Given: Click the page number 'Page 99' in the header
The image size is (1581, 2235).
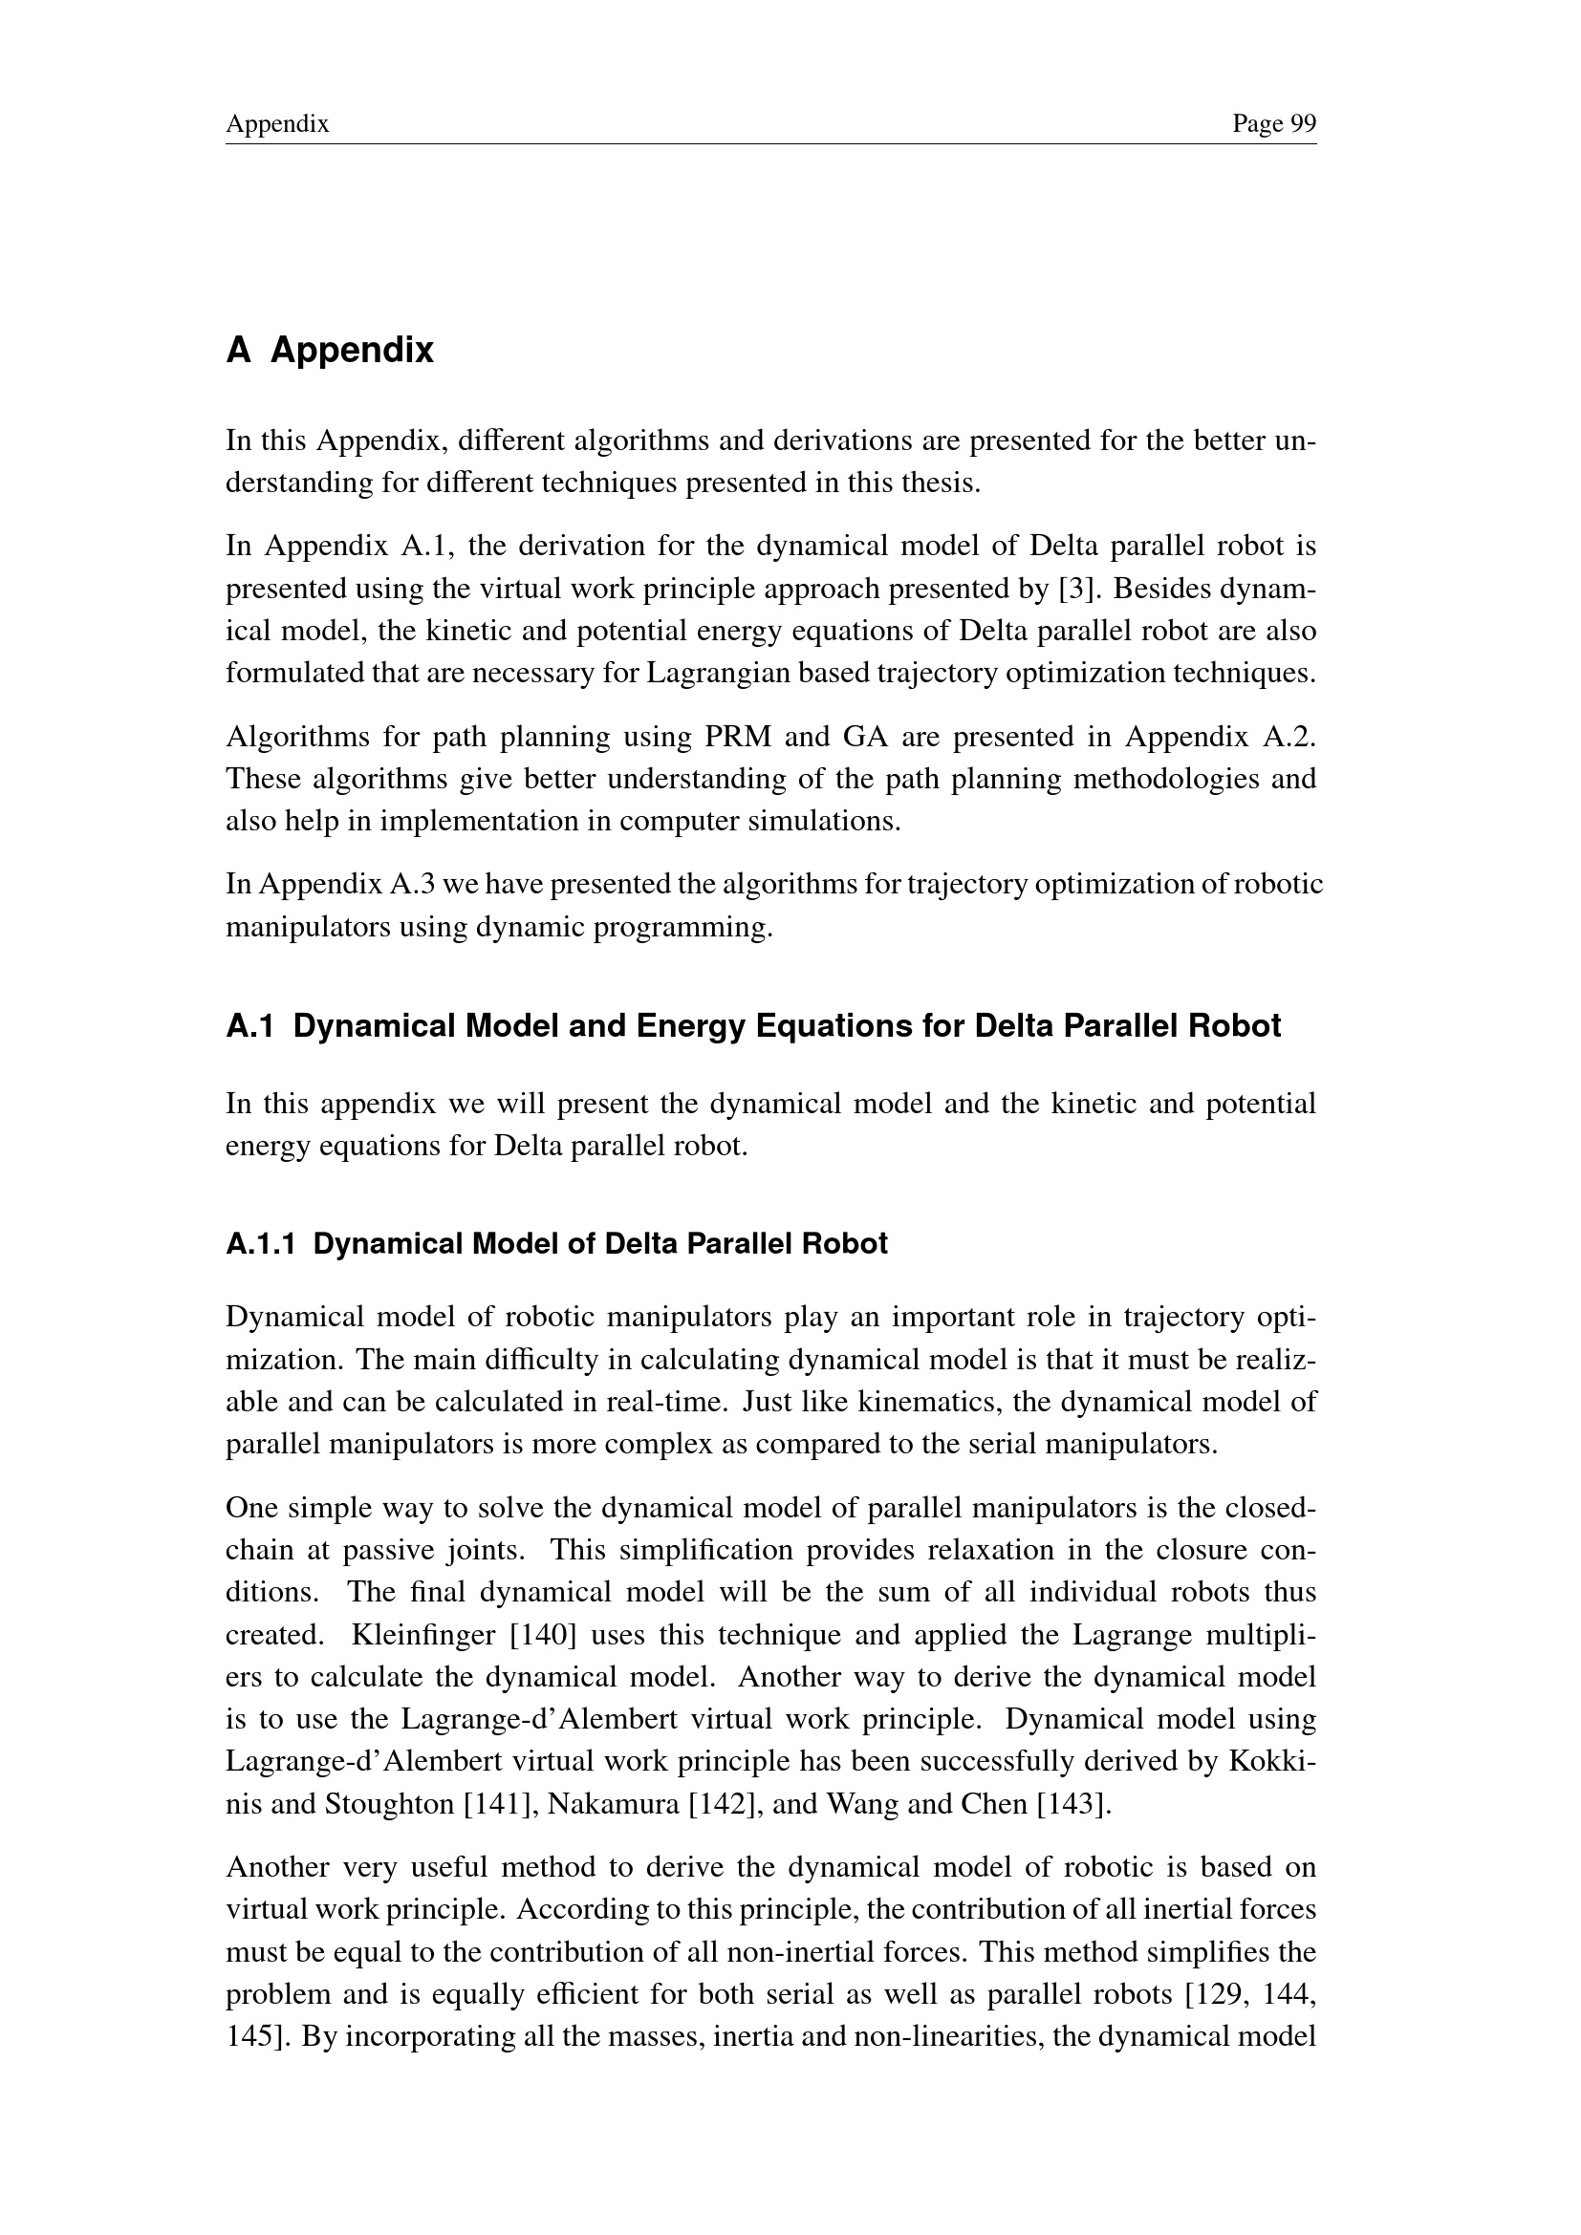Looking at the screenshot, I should (1273, 123).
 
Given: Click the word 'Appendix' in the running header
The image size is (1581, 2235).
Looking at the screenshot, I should (277, 123).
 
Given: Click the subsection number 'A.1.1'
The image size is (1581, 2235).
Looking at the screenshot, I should (260, 1244).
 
